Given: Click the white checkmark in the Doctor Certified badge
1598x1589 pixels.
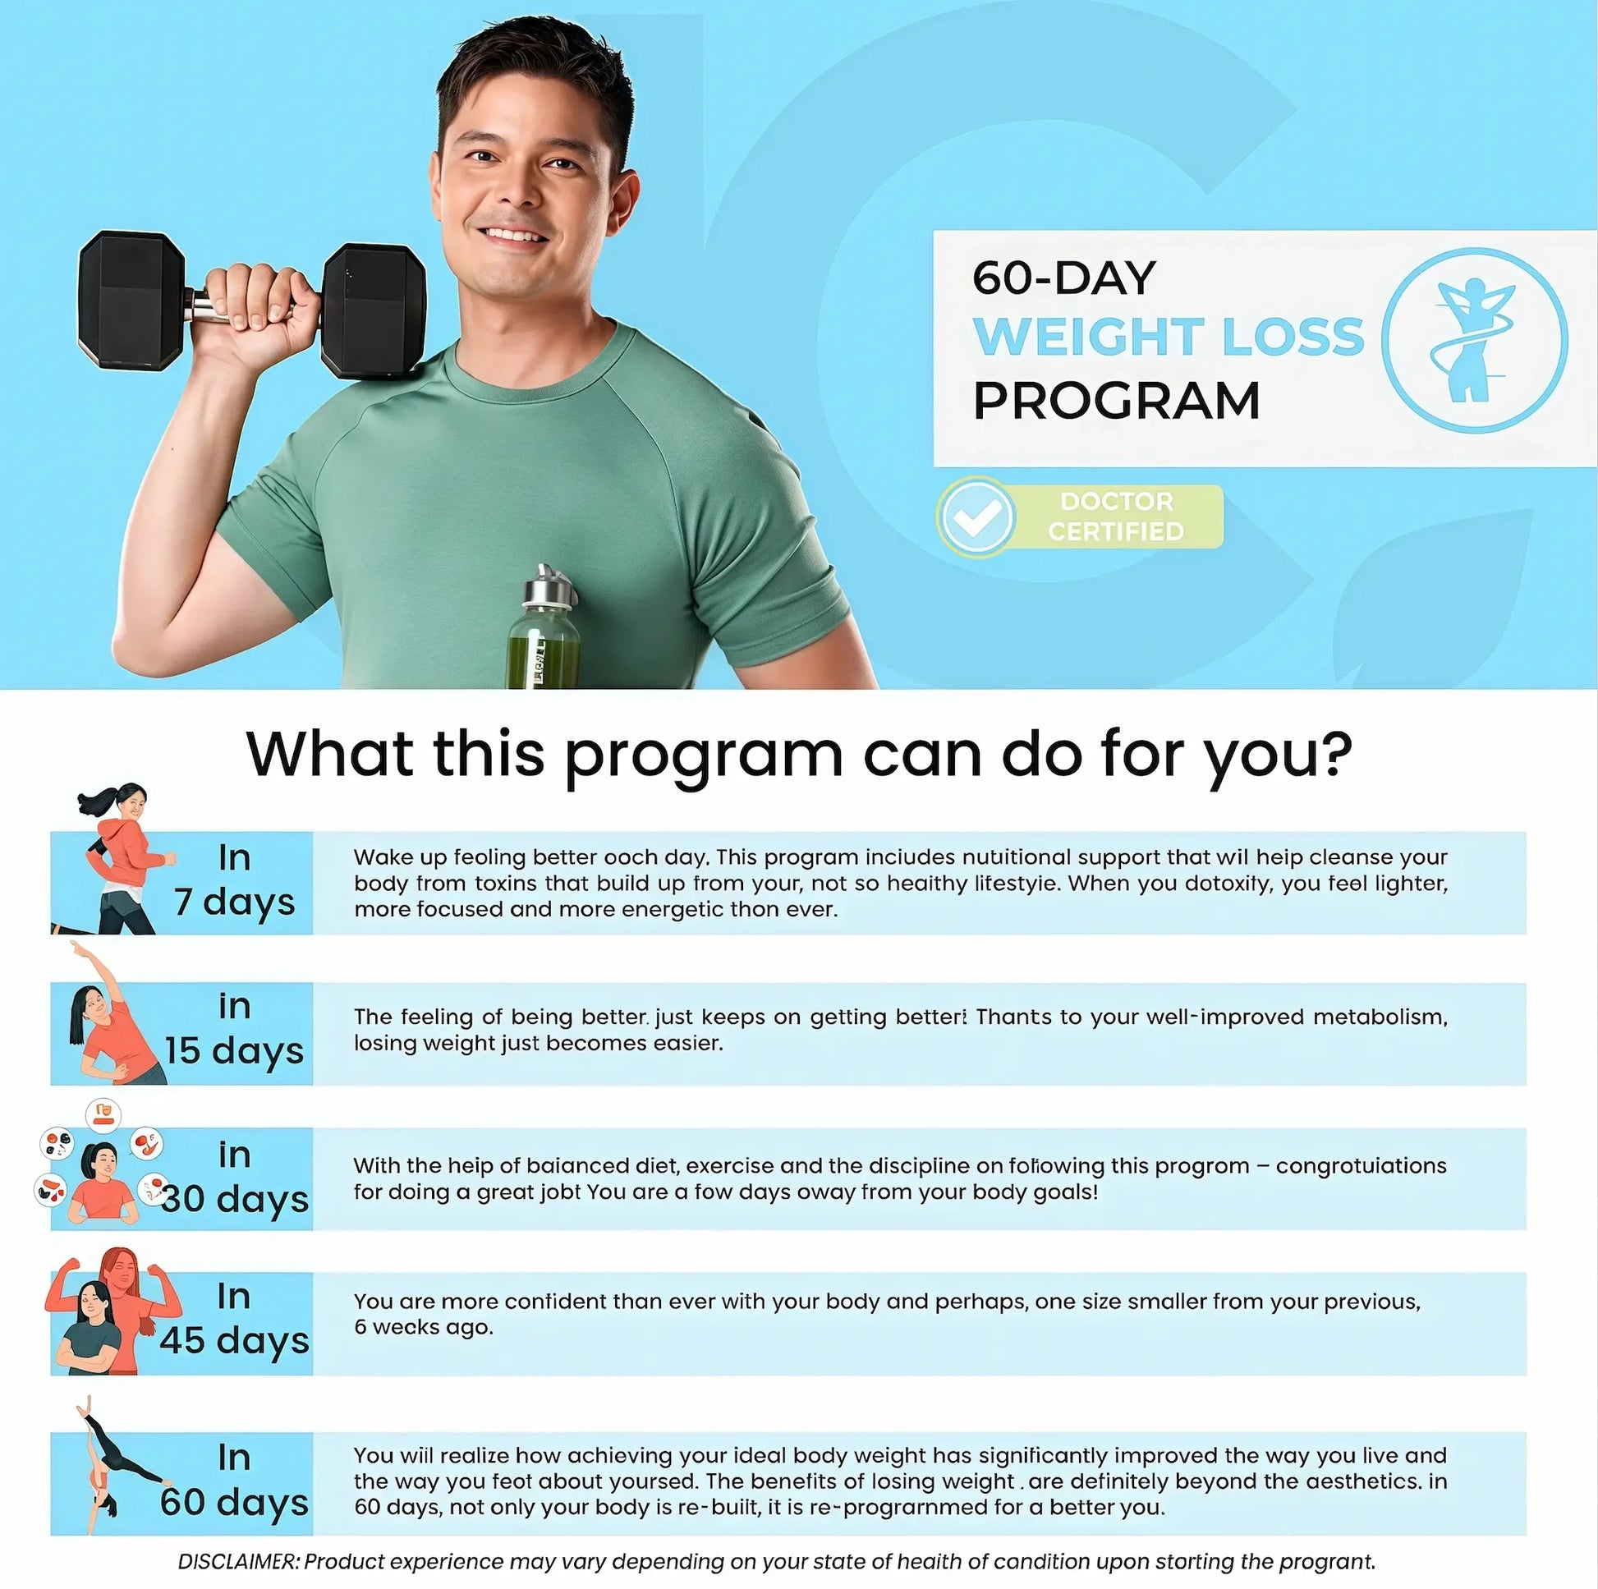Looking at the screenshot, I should (977, 517).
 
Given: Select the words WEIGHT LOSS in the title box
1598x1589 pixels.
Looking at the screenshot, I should (1167, 337).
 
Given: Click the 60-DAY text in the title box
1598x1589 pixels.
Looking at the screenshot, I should (1063, 278).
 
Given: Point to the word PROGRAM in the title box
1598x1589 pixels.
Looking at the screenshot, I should (1116, 402).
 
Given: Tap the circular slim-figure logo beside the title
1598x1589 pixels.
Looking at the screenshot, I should (1474, 340).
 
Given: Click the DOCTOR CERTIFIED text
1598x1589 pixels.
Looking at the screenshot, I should (1116, 517).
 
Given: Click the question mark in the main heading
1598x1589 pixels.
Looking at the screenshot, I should (1329, 754).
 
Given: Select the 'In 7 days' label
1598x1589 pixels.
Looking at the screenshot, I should (234, 880).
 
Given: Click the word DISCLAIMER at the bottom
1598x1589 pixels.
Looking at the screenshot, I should (237, 1562).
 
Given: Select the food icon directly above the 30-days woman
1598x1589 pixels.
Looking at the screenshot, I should (103, 1115).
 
